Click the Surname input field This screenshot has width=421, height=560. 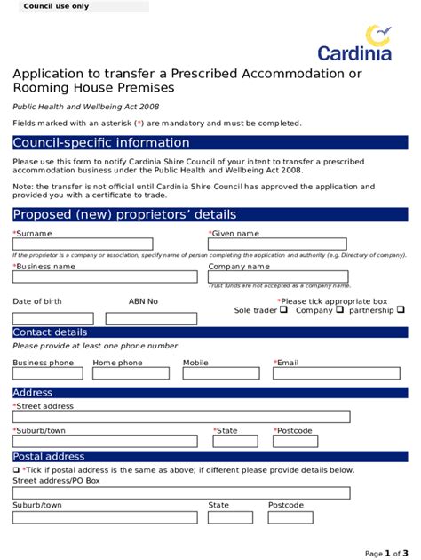pyautogui.click(x=83, y=244)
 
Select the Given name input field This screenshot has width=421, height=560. pyautogui.click(x=277, y=244)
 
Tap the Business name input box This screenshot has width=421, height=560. pyautogui.click(x=105, y=276)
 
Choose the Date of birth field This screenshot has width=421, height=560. pyautogui.click(x=52, y=318)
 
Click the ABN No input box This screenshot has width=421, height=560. pyautogui.click(x=151, y=318)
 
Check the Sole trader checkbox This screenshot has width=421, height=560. pyautogui.click(x=283, y=311)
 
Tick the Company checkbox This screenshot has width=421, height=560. pyautogui.click(x=340, y=311)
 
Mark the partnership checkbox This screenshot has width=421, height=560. pyautogui.click(x=401, y=311)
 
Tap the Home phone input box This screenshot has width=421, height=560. pyautogui.click(x=133, y=376)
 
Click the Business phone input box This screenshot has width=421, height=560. pyautogui.click(x=49, y=376)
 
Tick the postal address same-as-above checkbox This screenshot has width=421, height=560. pyautogui.click(x=16, y=470)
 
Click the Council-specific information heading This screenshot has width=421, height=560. pyautogui.click(x=101, y=143)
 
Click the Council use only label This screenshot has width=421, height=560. pyautogui.click(x=56, y=6)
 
